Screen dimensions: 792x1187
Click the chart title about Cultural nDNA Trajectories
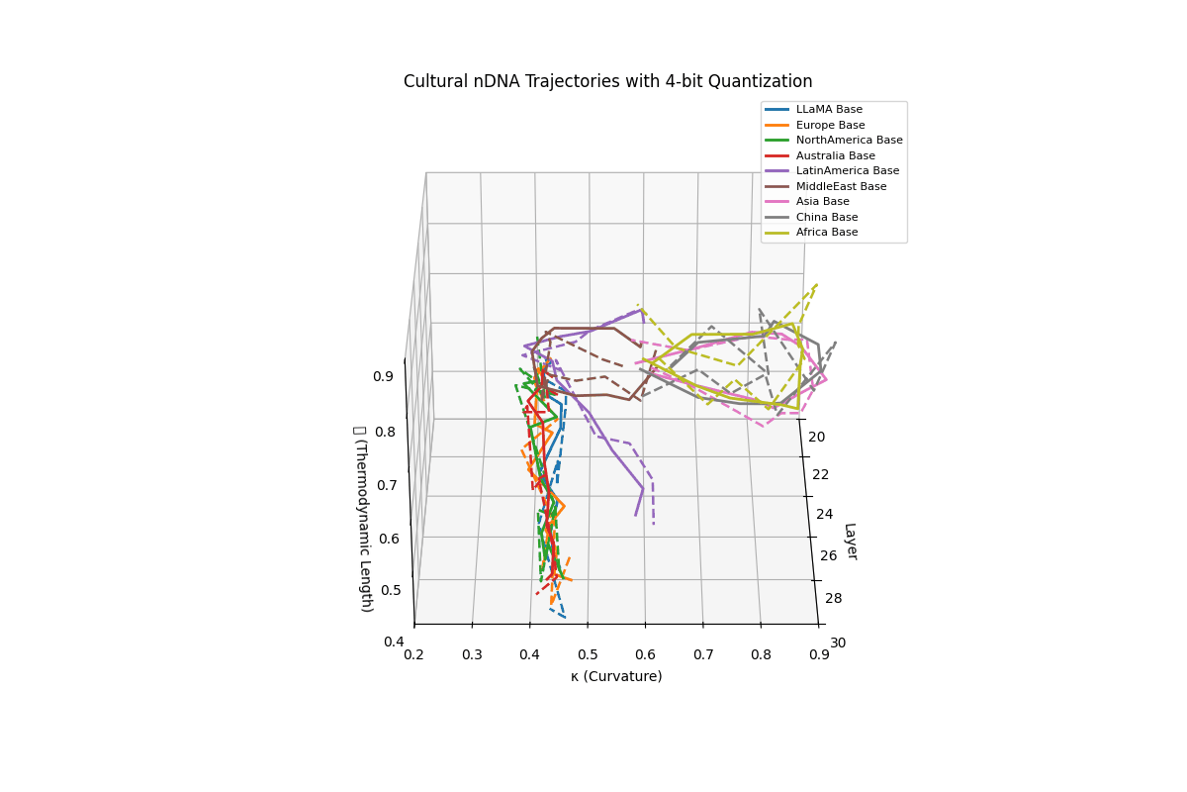[x=607, y=82]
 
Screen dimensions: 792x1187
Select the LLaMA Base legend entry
[x=829, y=110]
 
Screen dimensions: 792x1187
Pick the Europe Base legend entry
[x=830, y=125]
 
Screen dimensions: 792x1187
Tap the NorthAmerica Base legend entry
[x=849, y=141]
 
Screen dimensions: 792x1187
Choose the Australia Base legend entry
[x=835, y=155]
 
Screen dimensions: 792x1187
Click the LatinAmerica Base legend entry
[x=848, y=171]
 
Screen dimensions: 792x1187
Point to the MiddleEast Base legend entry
[x=841, y=186]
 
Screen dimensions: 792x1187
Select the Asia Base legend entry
[x=822, y=202]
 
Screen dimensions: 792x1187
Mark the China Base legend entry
[x=826, y=217]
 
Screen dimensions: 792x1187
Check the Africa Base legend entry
[x=826, y=233]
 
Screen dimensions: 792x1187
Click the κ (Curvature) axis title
[x=616, y=676]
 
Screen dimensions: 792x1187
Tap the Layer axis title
[x=850, y=542]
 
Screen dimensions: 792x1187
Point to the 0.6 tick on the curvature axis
[x=645, y=654]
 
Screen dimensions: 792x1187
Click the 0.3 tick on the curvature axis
[x=472, y=654]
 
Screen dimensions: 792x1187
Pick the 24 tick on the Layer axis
[x=825, y=514]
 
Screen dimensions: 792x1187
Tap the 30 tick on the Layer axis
[x=838, y=643]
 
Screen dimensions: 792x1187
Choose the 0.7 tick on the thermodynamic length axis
[x=387, y=485]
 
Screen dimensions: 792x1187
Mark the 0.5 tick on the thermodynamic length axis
[x=390, y=590]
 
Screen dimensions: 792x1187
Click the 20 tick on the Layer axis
[x=816, y=438]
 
